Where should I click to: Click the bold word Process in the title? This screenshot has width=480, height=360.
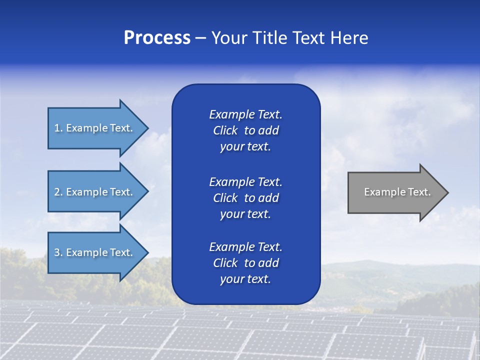click(157, 37)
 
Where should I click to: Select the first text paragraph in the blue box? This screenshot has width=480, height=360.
click(245, 130)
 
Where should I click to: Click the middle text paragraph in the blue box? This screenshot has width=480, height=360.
click(245, 198)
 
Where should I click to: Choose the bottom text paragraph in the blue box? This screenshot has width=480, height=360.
click(245, 263)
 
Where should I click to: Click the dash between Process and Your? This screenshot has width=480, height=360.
click(200, 38)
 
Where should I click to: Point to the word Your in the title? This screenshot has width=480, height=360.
click(229, 37)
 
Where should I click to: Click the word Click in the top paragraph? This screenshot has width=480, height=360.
click(225, 130)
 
